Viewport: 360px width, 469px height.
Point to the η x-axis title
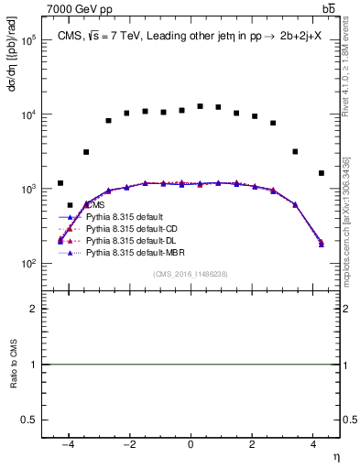click(x=334, y=457)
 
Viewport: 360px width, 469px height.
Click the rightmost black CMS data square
click(x=321, y=172)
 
